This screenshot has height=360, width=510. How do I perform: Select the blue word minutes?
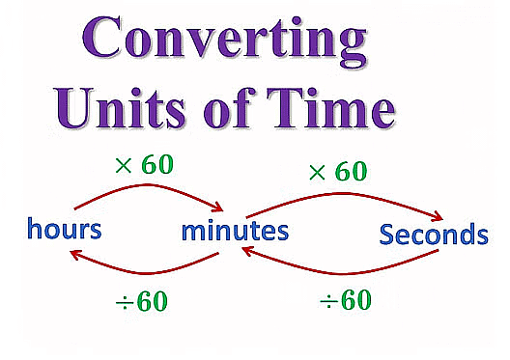235,231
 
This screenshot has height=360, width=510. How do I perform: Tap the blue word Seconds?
434,234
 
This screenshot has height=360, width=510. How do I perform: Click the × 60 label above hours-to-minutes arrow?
143,164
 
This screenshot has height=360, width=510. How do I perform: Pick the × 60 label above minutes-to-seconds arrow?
337,172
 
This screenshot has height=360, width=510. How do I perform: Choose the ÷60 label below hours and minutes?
138,301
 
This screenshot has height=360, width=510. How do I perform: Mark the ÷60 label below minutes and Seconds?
345,300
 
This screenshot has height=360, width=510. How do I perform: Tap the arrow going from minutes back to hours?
145,269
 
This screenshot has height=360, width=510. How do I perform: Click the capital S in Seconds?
387,234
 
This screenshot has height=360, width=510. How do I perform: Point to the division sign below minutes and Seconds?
328,301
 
